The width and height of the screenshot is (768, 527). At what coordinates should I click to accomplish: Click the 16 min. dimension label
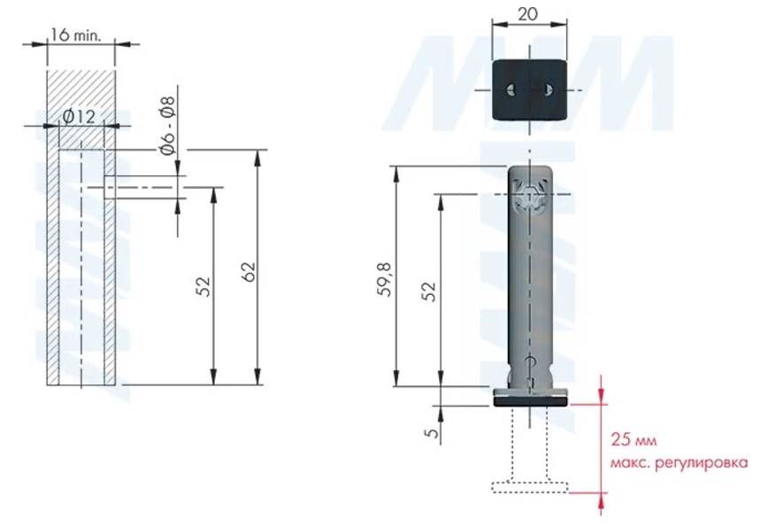click(75, 35)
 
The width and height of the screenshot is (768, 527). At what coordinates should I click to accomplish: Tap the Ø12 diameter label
click(79, 117)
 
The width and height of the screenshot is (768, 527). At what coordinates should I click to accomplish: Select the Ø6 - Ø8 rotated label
click(167, 126)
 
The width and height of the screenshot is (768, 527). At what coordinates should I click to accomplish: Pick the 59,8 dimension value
click(385, 279)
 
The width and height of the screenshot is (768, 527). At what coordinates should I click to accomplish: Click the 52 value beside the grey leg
click(428, 291)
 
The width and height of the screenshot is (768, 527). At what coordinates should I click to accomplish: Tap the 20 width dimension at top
click(527, 14)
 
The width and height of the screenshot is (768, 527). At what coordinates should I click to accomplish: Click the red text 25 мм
click(634, 439)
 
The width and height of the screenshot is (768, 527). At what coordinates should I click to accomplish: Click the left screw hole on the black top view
click(511, 89)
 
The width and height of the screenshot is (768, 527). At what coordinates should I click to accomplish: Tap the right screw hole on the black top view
click(548, 89)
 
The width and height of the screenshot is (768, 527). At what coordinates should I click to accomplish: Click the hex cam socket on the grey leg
click(529, 195)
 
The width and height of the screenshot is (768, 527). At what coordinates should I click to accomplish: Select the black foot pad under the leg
click(531, 401)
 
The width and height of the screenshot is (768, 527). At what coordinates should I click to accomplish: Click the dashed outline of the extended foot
click(529, 487)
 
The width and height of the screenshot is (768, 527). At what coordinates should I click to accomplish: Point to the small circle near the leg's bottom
click(530, 361)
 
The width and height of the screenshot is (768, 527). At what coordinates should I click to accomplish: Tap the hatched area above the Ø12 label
click(81, 89)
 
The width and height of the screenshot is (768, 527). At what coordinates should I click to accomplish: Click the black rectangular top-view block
click(529, 90)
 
